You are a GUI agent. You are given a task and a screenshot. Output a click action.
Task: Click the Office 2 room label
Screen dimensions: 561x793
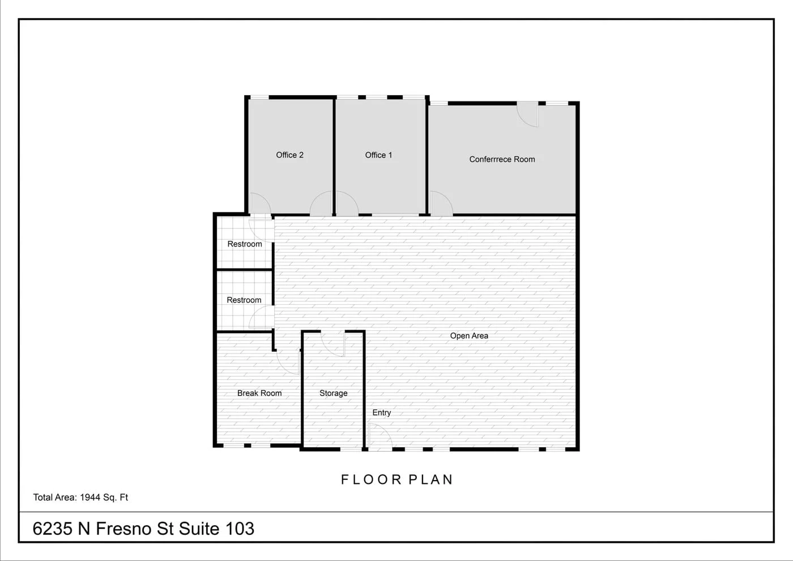289,155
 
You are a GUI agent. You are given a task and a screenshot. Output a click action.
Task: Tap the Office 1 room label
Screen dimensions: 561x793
378,155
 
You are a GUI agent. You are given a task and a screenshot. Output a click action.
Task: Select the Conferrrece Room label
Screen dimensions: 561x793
502,159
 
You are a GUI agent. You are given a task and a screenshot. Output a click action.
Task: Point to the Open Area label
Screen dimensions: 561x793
469,335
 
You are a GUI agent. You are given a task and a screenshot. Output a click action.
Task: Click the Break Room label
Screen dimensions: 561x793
259,393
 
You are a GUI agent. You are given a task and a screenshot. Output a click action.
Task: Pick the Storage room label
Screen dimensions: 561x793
333,393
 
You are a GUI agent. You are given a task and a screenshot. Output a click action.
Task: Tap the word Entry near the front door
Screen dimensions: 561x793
381,413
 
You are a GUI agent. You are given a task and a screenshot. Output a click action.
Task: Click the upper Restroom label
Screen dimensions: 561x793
245,244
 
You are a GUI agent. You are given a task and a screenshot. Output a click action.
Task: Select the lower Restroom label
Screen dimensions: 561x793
244,300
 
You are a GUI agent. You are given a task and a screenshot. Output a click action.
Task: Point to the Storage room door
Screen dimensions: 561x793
333,343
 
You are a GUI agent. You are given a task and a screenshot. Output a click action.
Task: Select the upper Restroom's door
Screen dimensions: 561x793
262,227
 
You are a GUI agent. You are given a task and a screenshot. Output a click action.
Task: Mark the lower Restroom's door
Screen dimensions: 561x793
262,317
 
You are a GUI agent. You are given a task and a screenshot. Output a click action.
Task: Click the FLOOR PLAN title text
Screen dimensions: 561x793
396,479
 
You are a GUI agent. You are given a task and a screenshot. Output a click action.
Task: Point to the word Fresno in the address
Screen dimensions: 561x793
123,528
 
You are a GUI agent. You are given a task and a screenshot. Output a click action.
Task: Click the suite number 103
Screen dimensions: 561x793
240,528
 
